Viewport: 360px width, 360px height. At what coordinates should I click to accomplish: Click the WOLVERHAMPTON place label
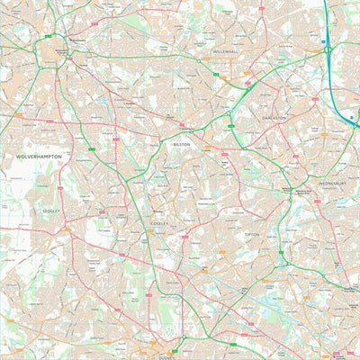(x=39, y=156)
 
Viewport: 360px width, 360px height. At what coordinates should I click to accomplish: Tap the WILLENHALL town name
(x=227, y=52)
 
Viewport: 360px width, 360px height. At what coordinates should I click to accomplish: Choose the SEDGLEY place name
(x=51, y=211)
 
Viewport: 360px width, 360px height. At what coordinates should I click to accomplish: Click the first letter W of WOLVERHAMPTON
(x=18, y=156)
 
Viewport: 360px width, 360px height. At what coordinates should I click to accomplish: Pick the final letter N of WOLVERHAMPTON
(x=60, y=156)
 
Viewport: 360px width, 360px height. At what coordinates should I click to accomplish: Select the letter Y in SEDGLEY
(x=59, y=211)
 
